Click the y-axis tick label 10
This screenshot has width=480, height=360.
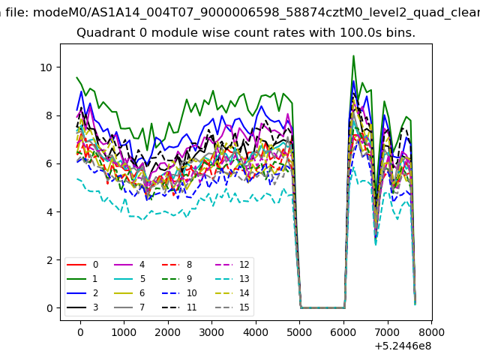[46, 67]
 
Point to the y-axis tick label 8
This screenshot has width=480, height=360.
[49, 115]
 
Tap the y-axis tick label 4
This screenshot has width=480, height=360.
[49, 211]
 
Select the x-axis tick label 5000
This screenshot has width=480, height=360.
[299, 332]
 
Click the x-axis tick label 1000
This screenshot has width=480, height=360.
[124, 332]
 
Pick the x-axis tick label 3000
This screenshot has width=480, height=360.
[211, 332]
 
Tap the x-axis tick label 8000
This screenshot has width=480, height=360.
[432, 332]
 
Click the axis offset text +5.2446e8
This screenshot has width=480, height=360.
[403, 346]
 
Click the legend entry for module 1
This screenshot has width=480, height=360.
[82, 279]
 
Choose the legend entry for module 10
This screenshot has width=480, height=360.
[179, 293]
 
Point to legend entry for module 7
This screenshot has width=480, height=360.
[130, 307]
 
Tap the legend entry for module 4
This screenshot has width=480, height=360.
[130, 265]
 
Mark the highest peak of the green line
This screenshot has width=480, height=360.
[353, 55]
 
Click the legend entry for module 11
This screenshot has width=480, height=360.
[179, 307]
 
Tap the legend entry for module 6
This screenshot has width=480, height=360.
[130, 293]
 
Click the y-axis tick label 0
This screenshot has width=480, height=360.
[49, 308]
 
